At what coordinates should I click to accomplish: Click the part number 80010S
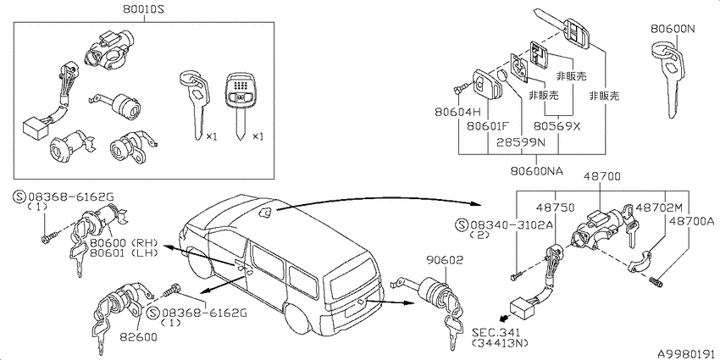(144, 8)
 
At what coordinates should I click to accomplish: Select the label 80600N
(673, 29)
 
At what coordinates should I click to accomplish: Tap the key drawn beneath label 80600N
(668, 79)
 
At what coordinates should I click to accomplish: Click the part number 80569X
(557, 126)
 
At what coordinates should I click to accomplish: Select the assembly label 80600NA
(537, 171)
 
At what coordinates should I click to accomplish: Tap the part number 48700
(602, 176)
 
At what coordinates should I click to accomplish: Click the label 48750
(556, 208)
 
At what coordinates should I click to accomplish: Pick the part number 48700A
(691, 221)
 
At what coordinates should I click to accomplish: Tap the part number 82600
(138, 337)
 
